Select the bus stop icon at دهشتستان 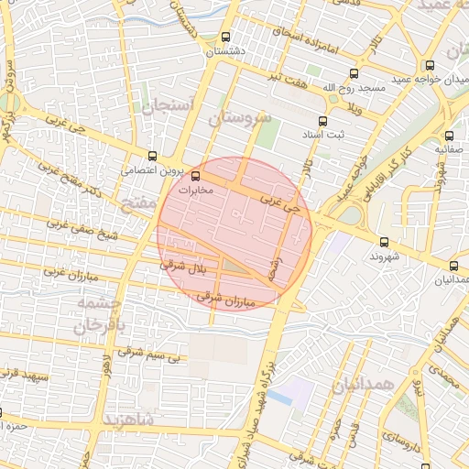[225, 38]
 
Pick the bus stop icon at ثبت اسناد [322, 121]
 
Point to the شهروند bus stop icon [383, 243]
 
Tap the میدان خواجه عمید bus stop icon [429, 65]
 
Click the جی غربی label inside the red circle [279, 202]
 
